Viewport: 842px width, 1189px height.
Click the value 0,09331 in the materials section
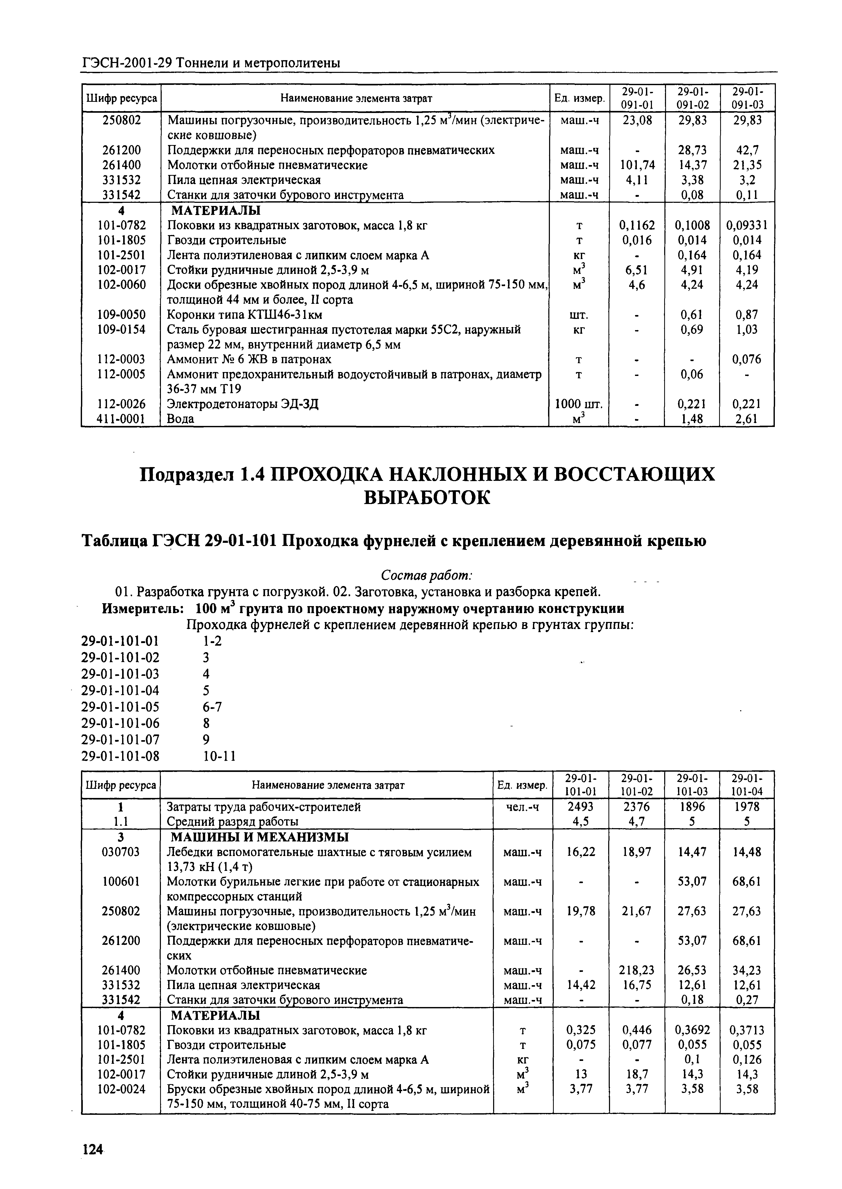point(747,225)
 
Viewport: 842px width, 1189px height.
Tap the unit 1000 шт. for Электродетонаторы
point(579,404)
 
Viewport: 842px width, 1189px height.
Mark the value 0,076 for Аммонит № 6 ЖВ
point(747,359)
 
